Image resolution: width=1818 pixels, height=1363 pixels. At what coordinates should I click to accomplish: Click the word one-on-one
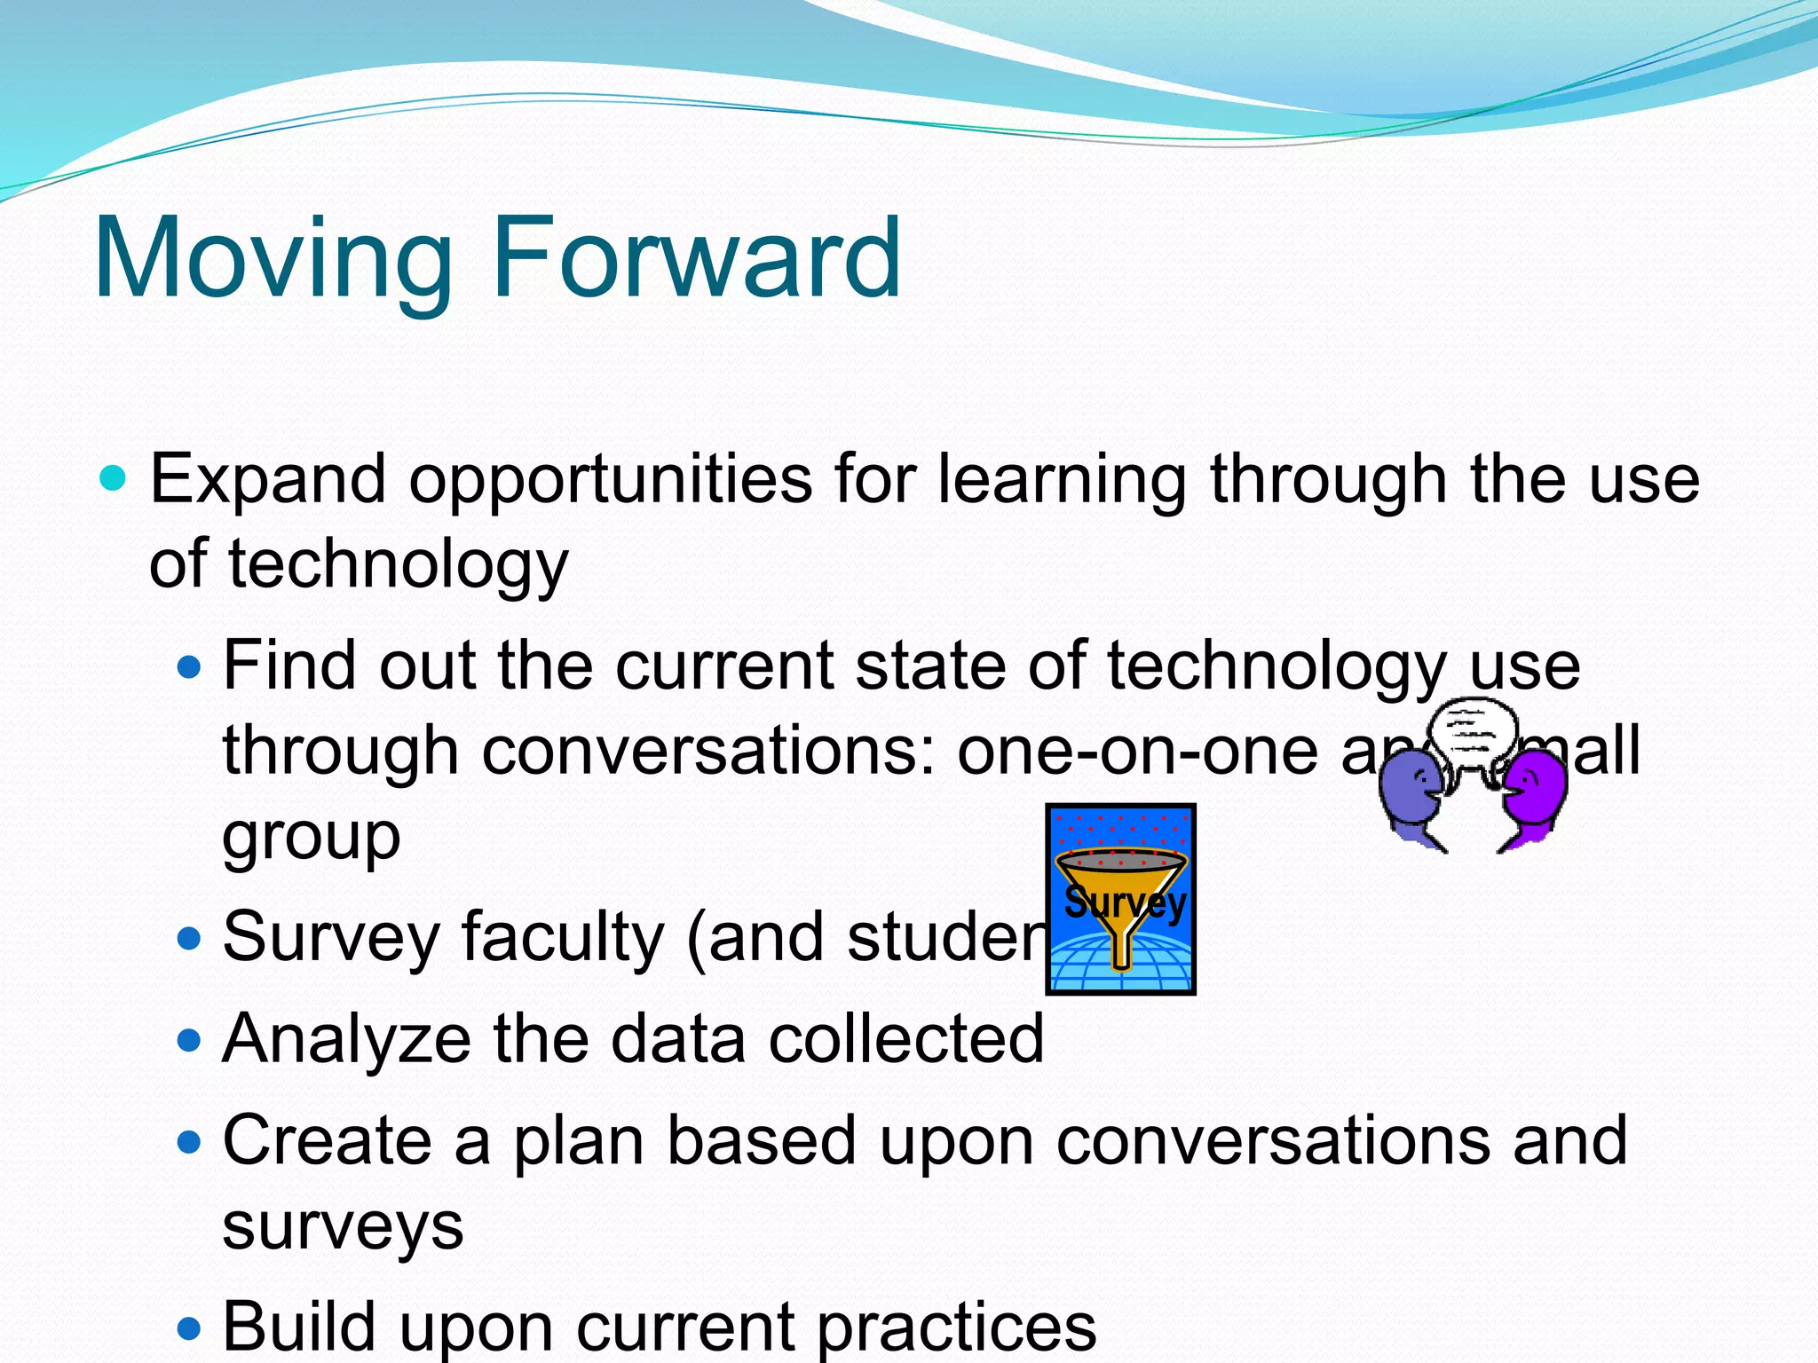(x=1137, y=752)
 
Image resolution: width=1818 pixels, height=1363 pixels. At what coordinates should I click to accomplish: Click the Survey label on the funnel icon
(x=1124, y=903)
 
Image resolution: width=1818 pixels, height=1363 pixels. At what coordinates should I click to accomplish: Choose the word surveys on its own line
(x=343, y=1226)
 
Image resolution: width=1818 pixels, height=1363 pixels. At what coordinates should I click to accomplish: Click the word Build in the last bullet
(x=298, y=1326)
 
